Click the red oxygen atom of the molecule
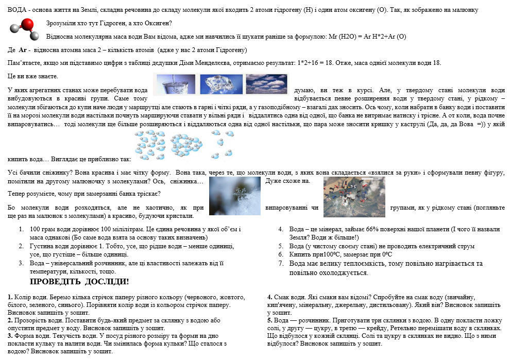click(27, 24)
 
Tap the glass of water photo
click(175, 84)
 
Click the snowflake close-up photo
click(235, 196)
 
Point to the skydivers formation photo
click(354, 196)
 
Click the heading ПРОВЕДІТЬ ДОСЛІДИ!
click(79, 282)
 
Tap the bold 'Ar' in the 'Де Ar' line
click(23, 50)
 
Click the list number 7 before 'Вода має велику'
click(281, 263)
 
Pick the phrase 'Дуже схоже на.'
click(287, 181)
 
